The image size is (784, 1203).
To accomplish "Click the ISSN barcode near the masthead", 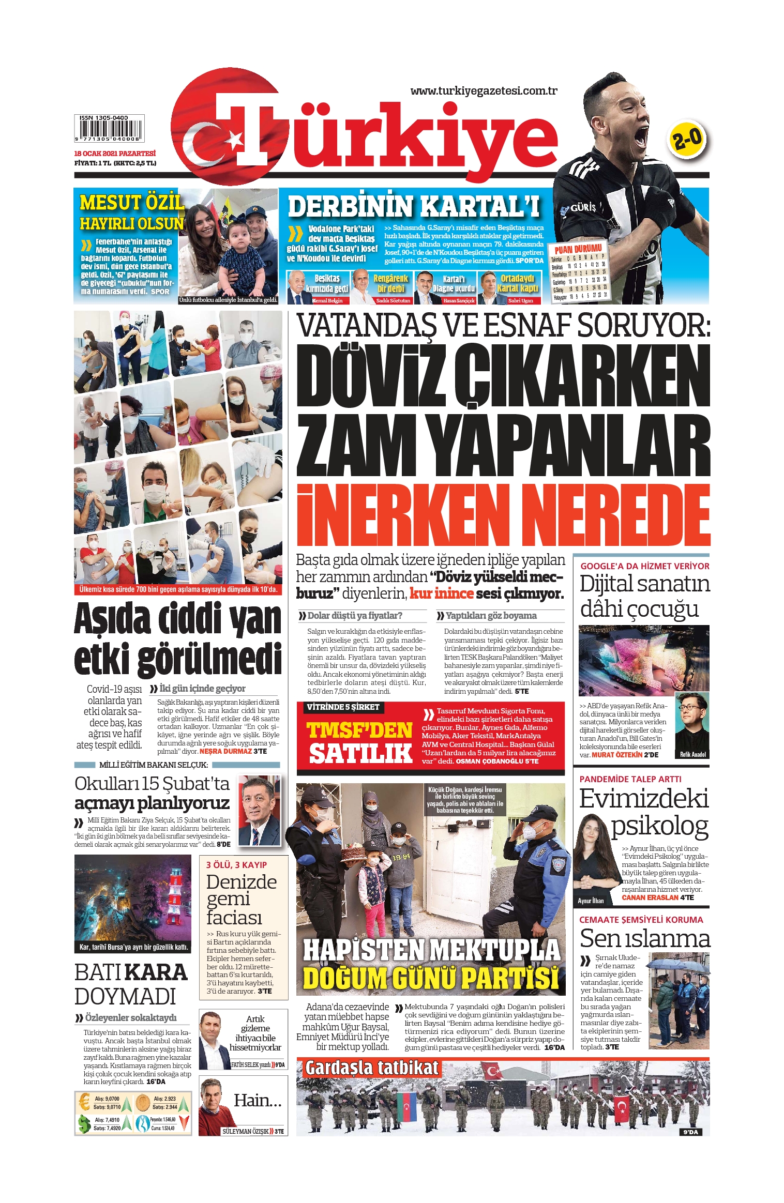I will (x=109, y=128).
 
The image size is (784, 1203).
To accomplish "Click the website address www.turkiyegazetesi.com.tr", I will (x=484, y=91).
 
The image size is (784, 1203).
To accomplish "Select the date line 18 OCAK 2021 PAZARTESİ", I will (x=115, y=154).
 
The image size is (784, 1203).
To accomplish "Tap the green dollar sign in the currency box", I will (x=84, y=1124).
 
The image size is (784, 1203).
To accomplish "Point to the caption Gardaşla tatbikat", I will (x=371, y=1067).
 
